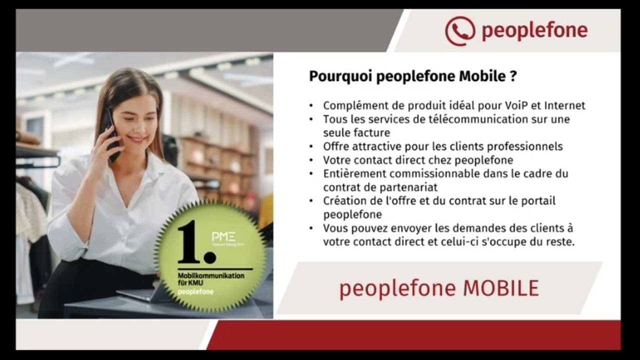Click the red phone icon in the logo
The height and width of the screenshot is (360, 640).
pos(460,31)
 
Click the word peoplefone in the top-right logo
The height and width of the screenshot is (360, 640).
pos(534,31)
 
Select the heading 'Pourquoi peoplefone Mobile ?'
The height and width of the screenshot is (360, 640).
pos(412,76)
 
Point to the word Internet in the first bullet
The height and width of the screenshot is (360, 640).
pos(564,105)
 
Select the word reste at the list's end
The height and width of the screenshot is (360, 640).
pos(558,242)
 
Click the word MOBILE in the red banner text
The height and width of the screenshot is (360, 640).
pos(501,288)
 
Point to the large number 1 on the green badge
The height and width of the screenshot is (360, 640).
pos(190,241)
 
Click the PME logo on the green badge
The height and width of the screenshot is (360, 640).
pos(223,236)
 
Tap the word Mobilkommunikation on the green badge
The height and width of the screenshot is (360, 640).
pos(211,276)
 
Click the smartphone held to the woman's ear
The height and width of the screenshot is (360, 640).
pos(111,134)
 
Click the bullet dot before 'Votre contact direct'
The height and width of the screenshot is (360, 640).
pos(311,160)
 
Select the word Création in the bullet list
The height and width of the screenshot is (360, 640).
pos(345,201)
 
